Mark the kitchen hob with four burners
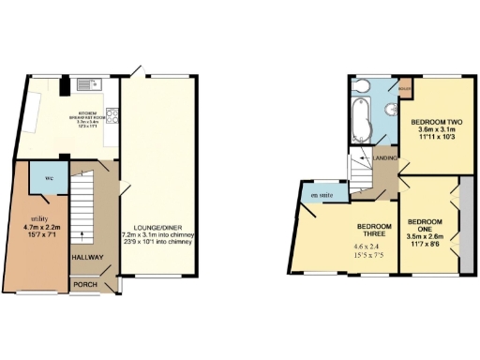click(112, 118)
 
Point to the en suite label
click(324, 195)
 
